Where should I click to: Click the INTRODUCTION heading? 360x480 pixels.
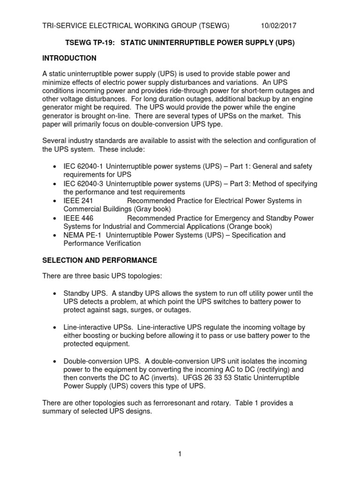69,58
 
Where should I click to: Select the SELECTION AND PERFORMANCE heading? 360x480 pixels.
99,260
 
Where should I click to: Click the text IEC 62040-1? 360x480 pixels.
83,166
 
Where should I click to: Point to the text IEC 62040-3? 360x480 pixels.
83,183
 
